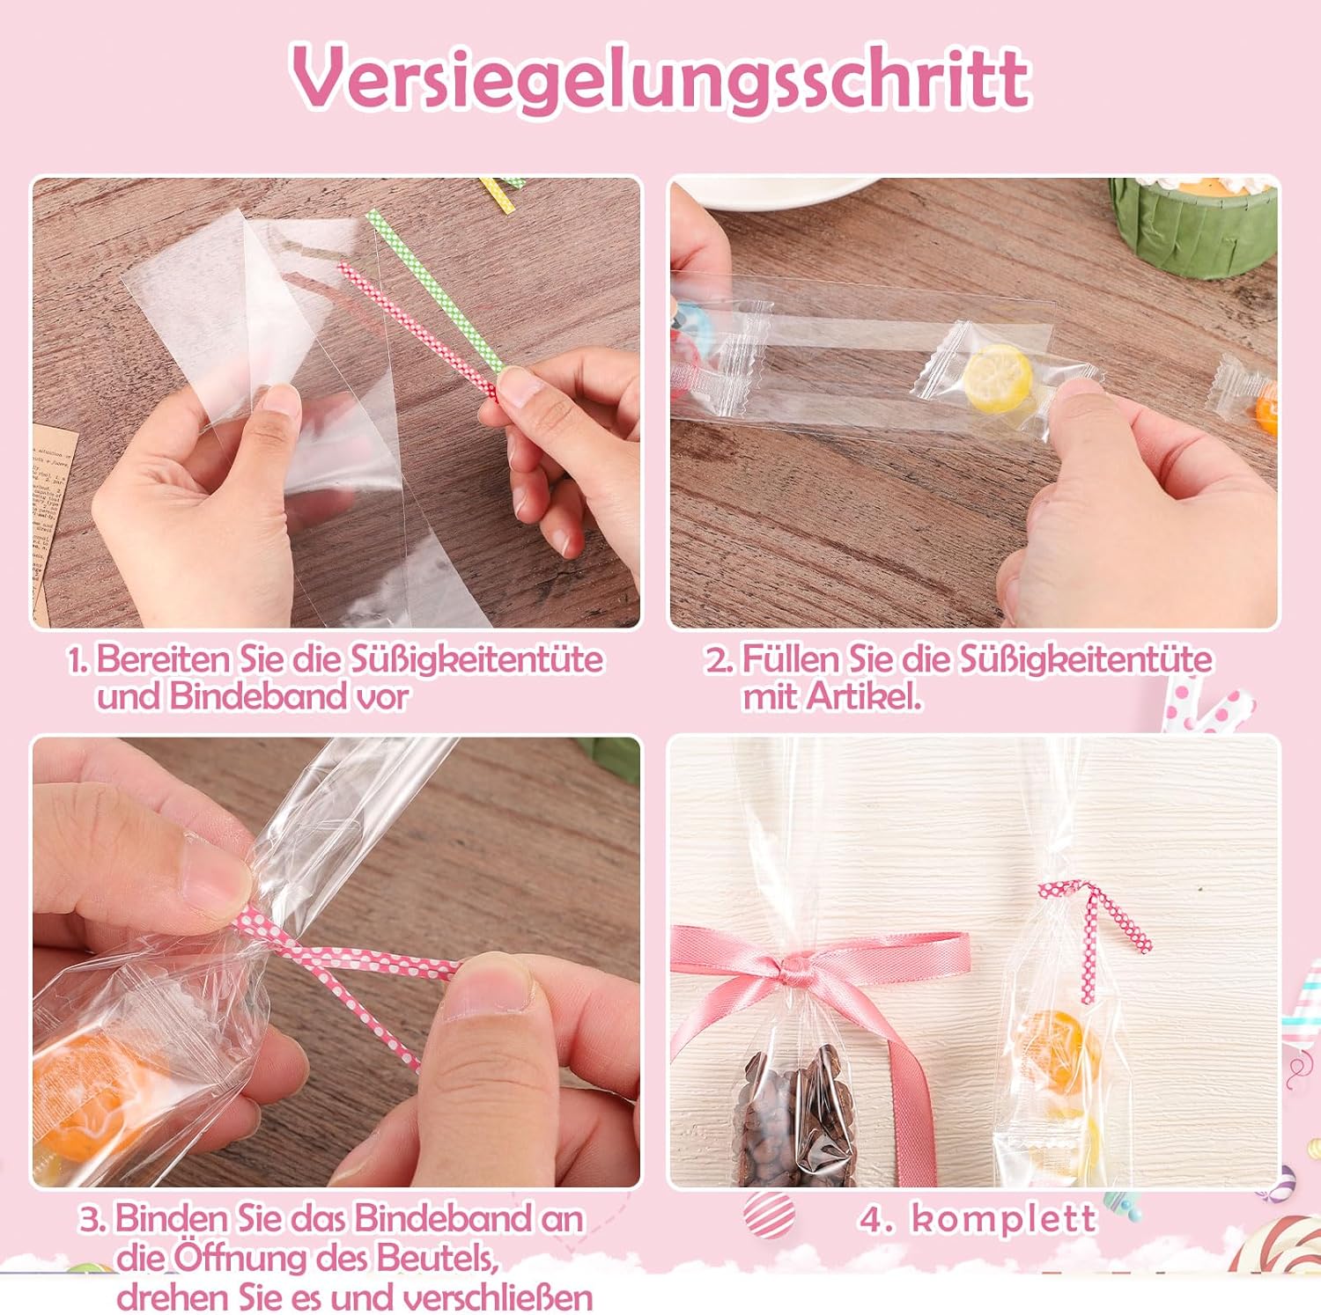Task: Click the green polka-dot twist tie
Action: (435, 290)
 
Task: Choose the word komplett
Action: (1004, 1219)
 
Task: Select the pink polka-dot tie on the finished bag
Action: (1092, 933)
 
